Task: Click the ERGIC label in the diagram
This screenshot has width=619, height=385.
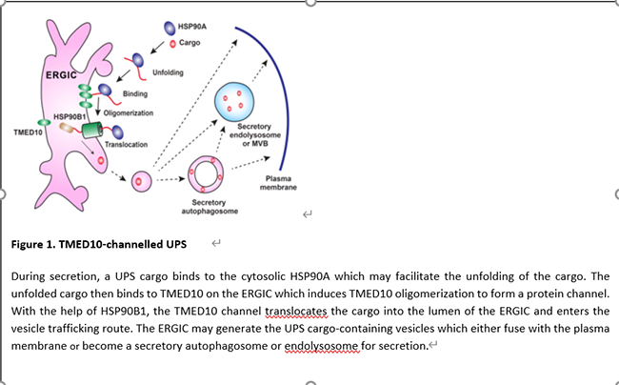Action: pyautogui.click(x=62, y=74)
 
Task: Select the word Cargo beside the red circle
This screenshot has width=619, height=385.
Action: pyautogui.click(x=190, y=44)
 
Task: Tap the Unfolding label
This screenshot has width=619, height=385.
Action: pyautogui.click(x=169, y=72)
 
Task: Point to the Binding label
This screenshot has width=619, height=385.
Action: pyautogui.click(x=135, y=93)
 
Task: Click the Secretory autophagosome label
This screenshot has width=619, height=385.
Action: pyautogui.click(x=209, y=207)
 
